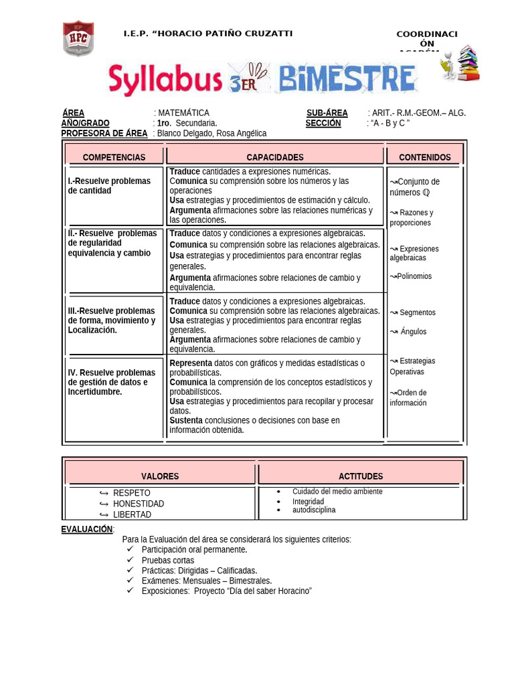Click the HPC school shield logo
click(x=78, y=39)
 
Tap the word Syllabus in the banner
click(x=165, y=80)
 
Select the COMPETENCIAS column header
click(x=114, y=157)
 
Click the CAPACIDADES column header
click(x=275, y=157)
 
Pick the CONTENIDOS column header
click(x=425, y=157)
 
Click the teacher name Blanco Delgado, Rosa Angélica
click(x=211, y=133)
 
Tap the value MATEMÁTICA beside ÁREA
click(x=183, y=113)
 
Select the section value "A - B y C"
click(x=390, y=123)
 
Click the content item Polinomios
click(x=414, y=276)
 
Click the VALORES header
click(x=160, y=476)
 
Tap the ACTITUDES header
click(x=361, y=476)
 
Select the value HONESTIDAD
click(x=139, y=504)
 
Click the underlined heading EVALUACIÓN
click(x=87, y=529)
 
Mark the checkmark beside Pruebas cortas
click(x=130, y=560)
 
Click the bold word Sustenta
click(x=186, y=420)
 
